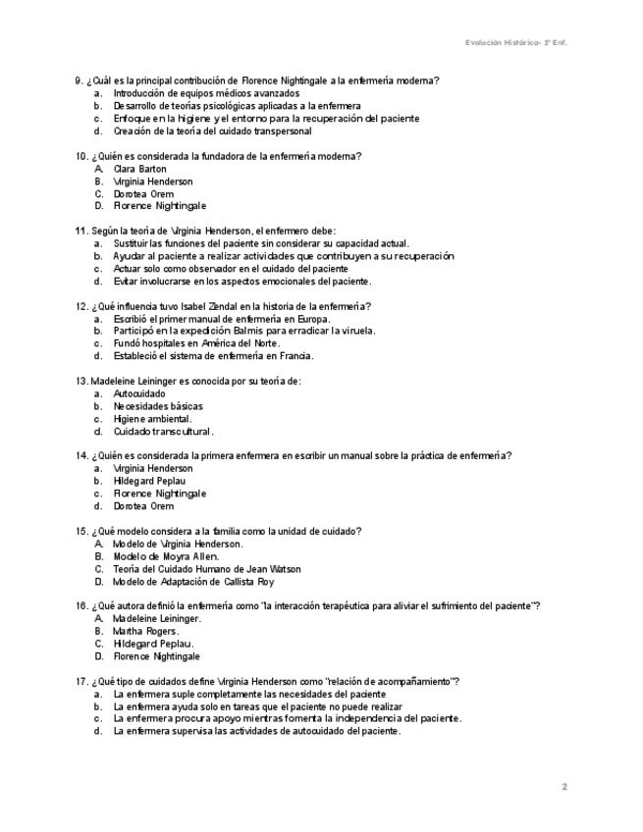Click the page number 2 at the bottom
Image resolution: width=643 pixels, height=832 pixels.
(x=564, y=786)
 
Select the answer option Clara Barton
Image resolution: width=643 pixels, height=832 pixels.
(x=139, y=169)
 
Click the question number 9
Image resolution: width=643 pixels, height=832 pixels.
(x=78, y=80)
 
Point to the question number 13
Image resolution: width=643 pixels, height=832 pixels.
(x=80, y=381)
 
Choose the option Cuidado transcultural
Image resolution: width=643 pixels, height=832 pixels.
(x=163, y=432)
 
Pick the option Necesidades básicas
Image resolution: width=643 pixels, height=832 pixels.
(x=158, y=406)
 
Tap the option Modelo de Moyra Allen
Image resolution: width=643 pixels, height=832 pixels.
(x=166, y=556)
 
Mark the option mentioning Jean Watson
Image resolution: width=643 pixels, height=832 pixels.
(x=207, y=569)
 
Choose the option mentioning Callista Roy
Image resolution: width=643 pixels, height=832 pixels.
(x=207, y=582)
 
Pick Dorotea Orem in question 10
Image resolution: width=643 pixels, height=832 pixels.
(x=143, y=194)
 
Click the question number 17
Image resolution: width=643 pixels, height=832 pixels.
(x=80, y=681)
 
